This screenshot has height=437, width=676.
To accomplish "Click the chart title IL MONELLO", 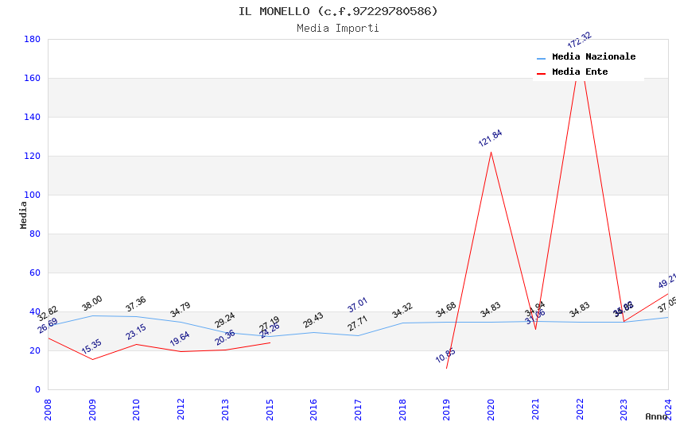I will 338,11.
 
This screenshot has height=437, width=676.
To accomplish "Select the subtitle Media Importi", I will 338,28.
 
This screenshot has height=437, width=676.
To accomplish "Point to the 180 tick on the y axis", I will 32,39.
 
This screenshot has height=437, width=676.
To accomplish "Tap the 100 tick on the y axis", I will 32,195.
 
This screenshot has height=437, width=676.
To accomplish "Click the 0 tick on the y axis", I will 37,389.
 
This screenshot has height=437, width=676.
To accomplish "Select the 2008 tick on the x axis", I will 48,409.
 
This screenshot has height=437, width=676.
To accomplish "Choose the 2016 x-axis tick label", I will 314,409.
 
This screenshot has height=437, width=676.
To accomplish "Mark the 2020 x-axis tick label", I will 491,409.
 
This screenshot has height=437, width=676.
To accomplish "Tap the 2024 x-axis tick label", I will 668,409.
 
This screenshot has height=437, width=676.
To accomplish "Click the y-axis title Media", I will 24,215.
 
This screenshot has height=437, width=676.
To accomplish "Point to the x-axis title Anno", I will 656,416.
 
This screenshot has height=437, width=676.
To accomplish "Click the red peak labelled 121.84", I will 491,152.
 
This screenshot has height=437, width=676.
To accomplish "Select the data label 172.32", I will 580,40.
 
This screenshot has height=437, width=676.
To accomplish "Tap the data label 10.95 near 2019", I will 445,355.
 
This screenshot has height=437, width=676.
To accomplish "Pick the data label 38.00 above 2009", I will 92,304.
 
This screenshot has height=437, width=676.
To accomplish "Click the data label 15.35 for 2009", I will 91,346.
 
